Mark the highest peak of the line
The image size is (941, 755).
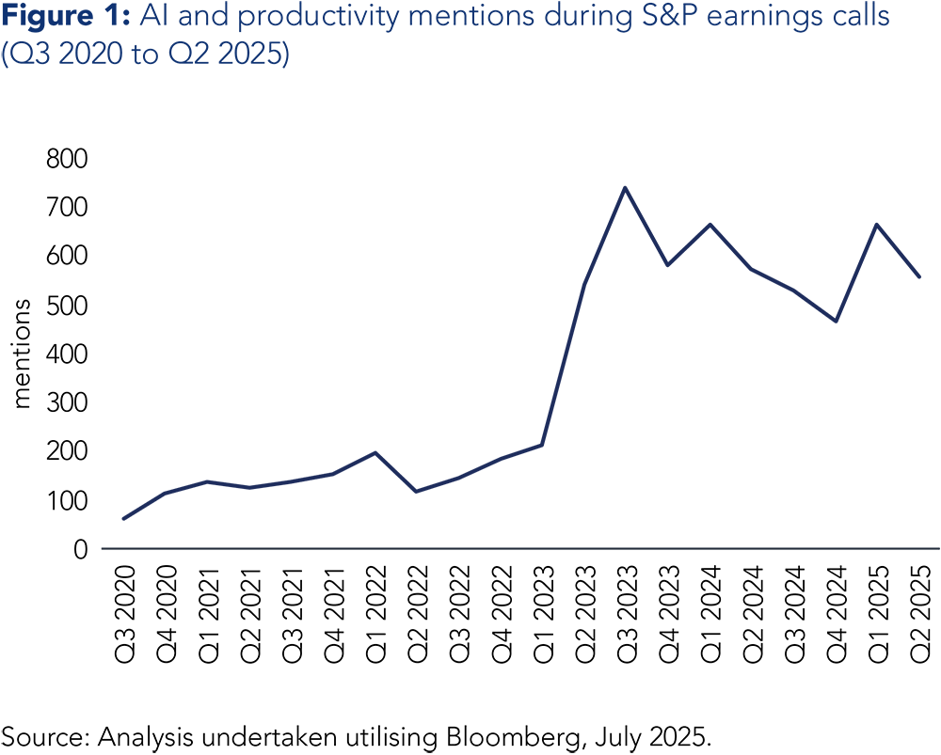pos(625,187)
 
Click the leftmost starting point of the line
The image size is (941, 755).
pos(123,518)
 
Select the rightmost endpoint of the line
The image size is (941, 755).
pos(919,277)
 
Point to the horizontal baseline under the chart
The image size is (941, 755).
pos(518,548)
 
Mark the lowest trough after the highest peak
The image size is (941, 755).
pos(836,322)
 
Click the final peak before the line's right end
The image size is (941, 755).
pos(877,224)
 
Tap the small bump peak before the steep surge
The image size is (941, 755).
pos(375,452)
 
